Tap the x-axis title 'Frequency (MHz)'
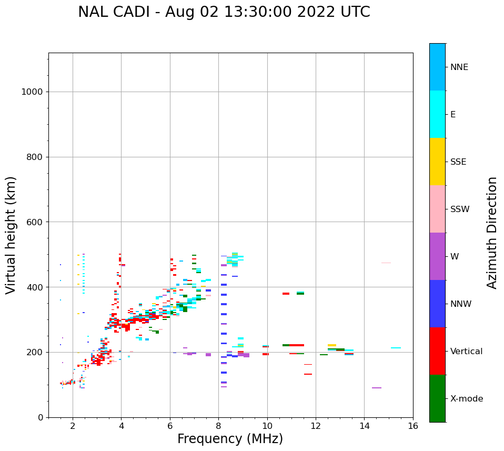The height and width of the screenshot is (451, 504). pyautogui.click(x=230, y=439)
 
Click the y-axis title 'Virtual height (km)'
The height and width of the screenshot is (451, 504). pyautogui.click(x=11, y=235)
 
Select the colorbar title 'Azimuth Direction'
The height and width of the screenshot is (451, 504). pyautogui.click(x=492, y=233)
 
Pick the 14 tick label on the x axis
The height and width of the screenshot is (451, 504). pyautogui.click(x=364, y=426)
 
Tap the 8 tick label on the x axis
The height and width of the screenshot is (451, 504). pyautogui.click(x=218, y=426)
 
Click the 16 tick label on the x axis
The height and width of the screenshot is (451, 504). pyautogui.click(x=413, y=426)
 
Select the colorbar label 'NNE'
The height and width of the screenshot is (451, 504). pyautogui.click(x=459, y=67)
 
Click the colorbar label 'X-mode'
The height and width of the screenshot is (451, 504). pyautogui.click(x=467, y=399)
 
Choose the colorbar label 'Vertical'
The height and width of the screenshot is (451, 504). pyautogui.click(x=466, y=352)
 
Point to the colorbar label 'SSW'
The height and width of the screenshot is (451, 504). pyautogui.click(x=460, y=209)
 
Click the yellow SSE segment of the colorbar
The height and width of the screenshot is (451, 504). pyautogui.click(x=437, y=162)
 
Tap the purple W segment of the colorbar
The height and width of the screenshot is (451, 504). pyautogui.click(x=437, y=256)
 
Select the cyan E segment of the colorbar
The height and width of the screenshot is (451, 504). pyautogui.click(x=437, y=114)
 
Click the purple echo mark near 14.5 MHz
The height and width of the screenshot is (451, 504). pyautogui.click(x=377, y=388)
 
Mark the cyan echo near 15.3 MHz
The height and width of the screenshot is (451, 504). pyautogui.click(x=396, y=348)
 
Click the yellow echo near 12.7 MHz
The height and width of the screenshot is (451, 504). pyautogui.click(x=332, y=345)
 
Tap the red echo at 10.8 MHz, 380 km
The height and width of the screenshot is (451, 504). pyautogui.click(x=286, y=294)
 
